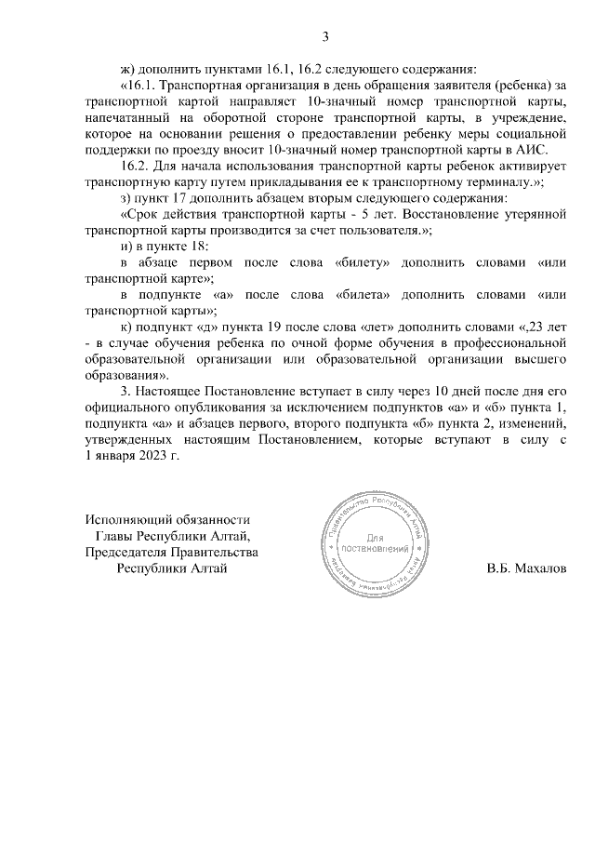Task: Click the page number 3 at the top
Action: [x=324, y=37]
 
